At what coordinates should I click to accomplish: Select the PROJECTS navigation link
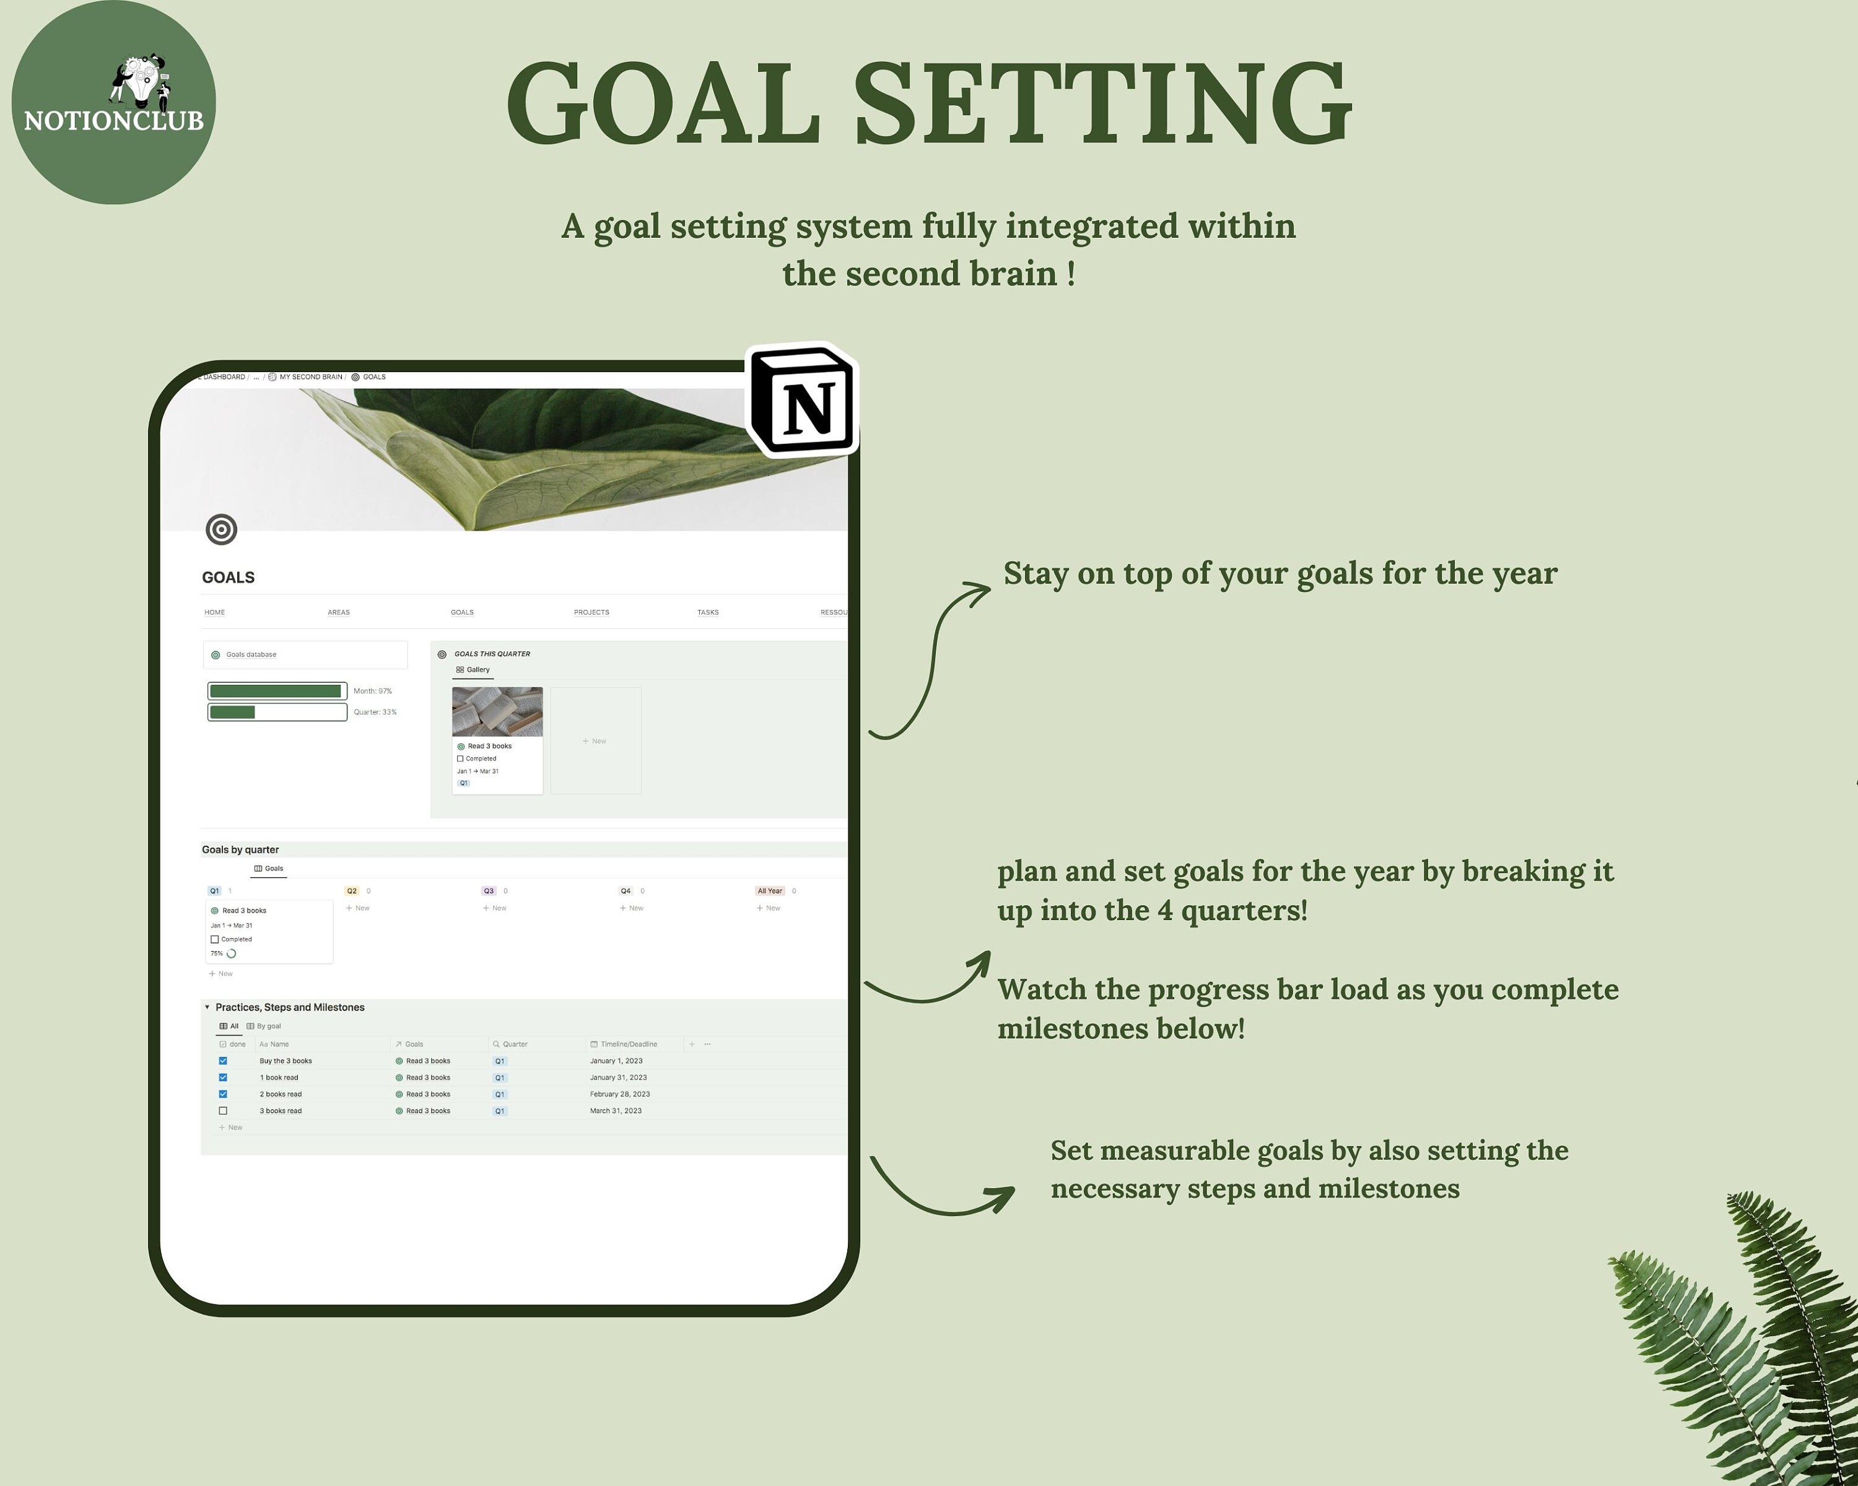(591, 612)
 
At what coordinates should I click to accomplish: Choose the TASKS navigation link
(707, 612)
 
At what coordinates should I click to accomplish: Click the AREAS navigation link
(339, 612)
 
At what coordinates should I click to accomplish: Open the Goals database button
(305, 654)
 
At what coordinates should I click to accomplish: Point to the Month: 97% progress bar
(277, 691)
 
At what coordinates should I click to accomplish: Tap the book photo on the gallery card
(497, 711)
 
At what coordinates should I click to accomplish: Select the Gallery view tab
(473, 669)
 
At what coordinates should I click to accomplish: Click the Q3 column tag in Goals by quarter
(489, 891)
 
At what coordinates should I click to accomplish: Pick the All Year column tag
(770, 891)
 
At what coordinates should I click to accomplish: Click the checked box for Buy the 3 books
(223, 1061)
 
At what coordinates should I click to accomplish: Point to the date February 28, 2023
(619, 1094)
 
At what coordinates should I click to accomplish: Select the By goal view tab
(264, 1026)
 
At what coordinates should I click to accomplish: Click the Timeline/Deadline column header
(628, 1044)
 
